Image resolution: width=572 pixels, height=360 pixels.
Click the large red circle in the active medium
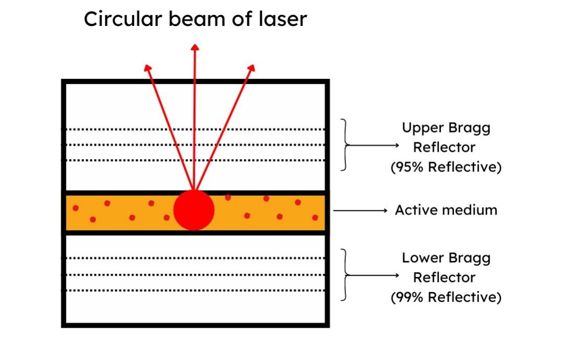pos(194,210)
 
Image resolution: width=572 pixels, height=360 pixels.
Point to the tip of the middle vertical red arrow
pos(195,47)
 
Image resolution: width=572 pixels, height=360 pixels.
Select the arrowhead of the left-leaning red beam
pos(148,68)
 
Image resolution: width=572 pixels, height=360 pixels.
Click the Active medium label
pos(446,210)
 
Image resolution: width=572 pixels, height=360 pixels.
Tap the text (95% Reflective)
pos(446,168)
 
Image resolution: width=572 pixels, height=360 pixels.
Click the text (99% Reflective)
pos(446,297)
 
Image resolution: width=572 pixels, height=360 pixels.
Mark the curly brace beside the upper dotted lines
pos(344,144)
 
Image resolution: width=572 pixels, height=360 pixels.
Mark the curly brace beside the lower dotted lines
pos(344,274)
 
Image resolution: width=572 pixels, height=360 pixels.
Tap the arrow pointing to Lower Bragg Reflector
pos(374,275)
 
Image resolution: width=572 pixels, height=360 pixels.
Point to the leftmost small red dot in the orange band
pos(75,208)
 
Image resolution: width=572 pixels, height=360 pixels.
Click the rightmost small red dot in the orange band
pos(315,218)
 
